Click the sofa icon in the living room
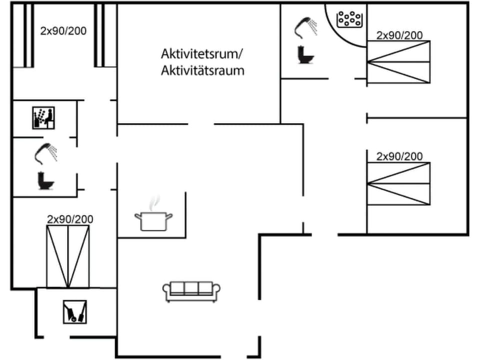click(x=191, y=291)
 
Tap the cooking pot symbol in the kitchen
click(x=153, y=220)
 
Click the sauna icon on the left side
click(x=43, y=118)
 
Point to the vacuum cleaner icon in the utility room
click(x=75, y=311)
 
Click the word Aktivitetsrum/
click(x=201, y=53)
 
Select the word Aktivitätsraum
click(x=202, y=70)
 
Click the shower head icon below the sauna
click(x=46, y=152)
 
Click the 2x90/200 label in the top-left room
click(x=63, y=31)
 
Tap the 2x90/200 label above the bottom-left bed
click(x=70, y=219)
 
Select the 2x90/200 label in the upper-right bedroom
click(x=399, y=35)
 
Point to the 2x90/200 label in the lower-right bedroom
click(x=399, y=156)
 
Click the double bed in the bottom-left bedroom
click(x=68, y=256)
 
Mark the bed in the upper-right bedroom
click(x=398, y=62)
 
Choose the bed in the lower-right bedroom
click(x=398, y=183)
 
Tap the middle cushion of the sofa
click(x=191, y=288)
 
